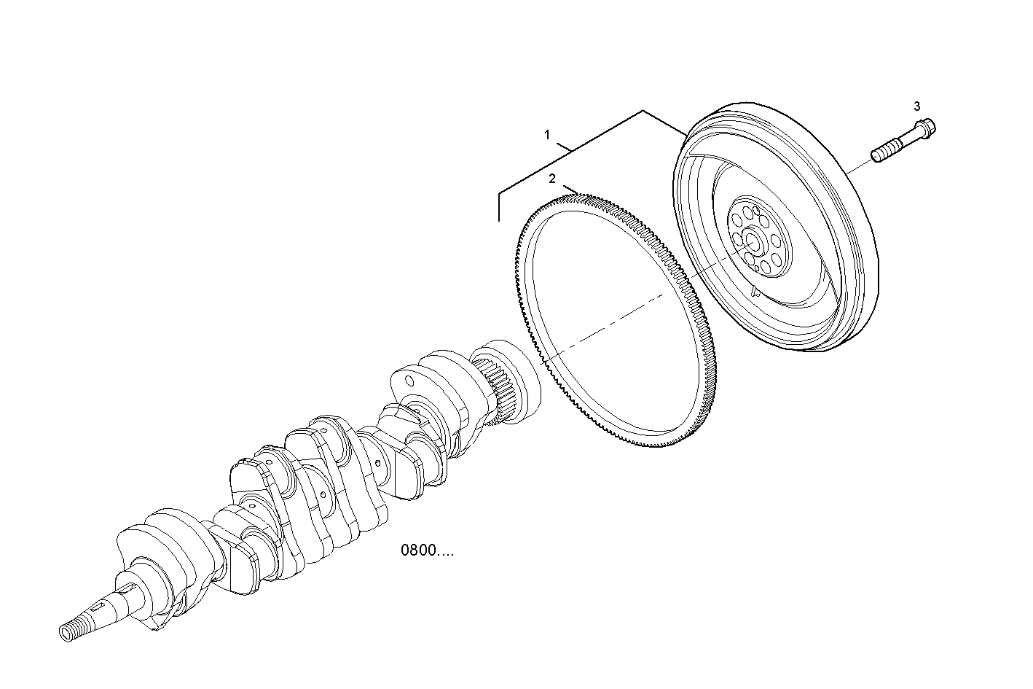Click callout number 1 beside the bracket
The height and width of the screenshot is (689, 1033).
point(547,135)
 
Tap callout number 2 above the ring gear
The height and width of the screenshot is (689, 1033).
point(552,179)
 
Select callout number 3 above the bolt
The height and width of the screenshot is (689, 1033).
point(917,106)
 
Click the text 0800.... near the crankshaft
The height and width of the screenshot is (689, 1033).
point(426,550)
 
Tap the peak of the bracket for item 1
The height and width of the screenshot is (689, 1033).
point(643,111)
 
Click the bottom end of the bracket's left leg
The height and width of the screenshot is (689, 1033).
point(499,219)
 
